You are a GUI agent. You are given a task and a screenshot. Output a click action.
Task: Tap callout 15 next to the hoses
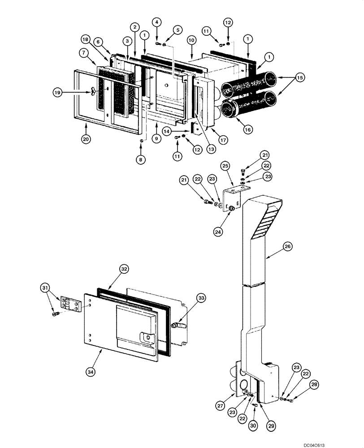click(300, 78)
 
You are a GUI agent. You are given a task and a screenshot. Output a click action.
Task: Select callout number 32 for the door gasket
click(124, 269)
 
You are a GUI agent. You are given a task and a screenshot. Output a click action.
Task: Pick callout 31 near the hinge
click(45, 287)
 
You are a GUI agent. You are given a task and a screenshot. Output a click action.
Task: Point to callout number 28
click(303, 383)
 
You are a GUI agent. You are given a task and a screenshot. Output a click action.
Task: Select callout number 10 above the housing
click(191, 40)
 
